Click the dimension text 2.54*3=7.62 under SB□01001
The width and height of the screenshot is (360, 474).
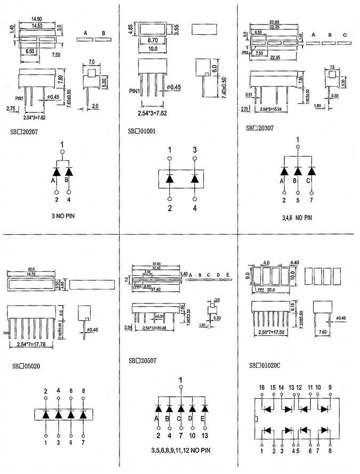155,113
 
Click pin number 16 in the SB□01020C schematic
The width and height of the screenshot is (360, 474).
262,388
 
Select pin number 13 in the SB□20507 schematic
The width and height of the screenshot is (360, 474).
205,436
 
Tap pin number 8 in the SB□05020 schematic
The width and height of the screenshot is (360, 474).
84,391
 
